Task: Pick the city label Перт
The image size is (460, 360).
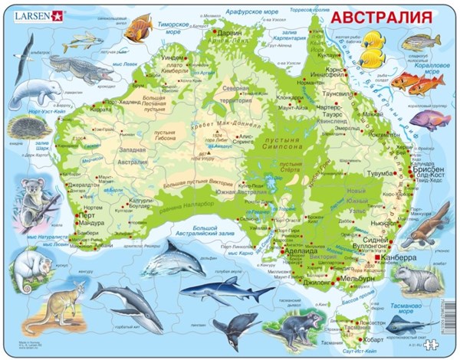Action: tap(90, 215)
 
